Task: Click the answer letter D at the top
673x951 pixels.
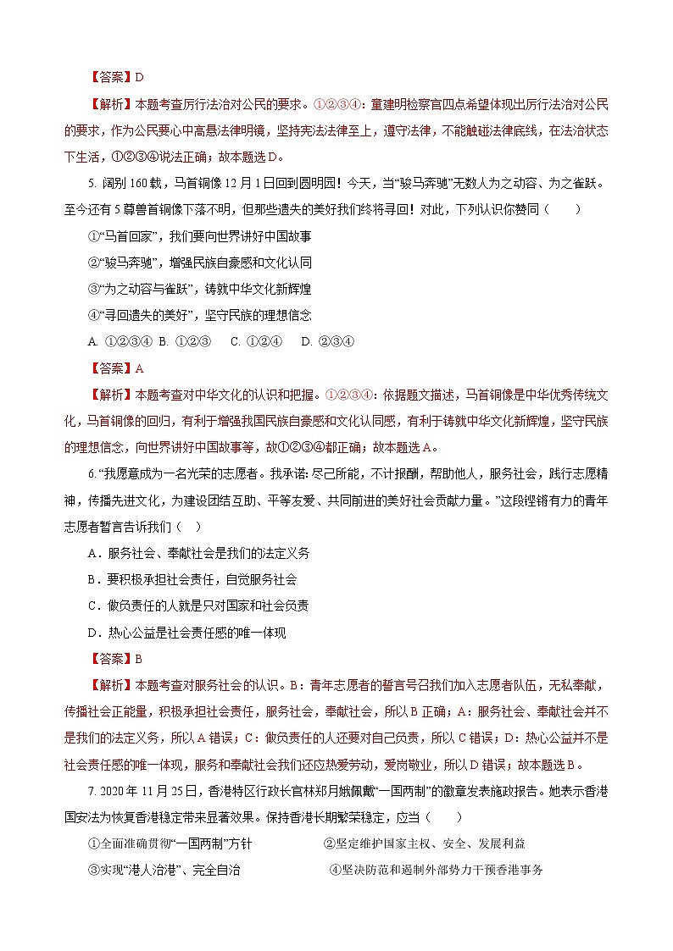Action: [140, 77]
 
